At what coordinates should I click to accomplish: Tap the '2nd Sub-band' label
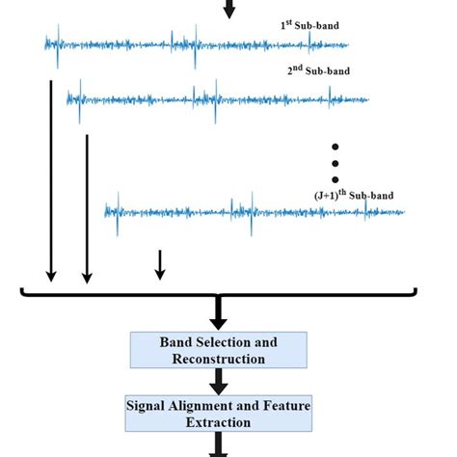(318, 70)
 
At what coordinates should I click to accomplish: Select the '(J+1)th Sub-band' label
(354, 195)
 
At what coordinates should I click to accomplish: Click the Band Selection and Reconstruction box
(218, 350)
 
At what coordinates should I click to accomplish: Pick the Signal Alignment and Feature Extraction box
(218, 414)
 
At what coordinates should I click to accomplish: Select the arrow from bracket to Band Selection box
(219, 311)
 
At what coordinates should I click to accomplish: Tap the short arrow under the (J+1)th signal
(160, 263)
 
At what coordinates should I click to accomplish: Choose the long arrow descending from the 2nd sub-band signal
(87, 207)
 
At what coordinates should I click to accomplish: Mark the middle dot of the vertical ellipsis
(336, 163)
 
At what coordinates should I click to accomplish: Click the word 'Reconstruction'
(218, 359)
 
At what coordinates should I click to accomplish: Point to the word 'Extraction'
(219, 422)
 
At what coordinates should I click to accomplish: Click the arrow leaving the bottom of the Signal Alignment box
(219, 445)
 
